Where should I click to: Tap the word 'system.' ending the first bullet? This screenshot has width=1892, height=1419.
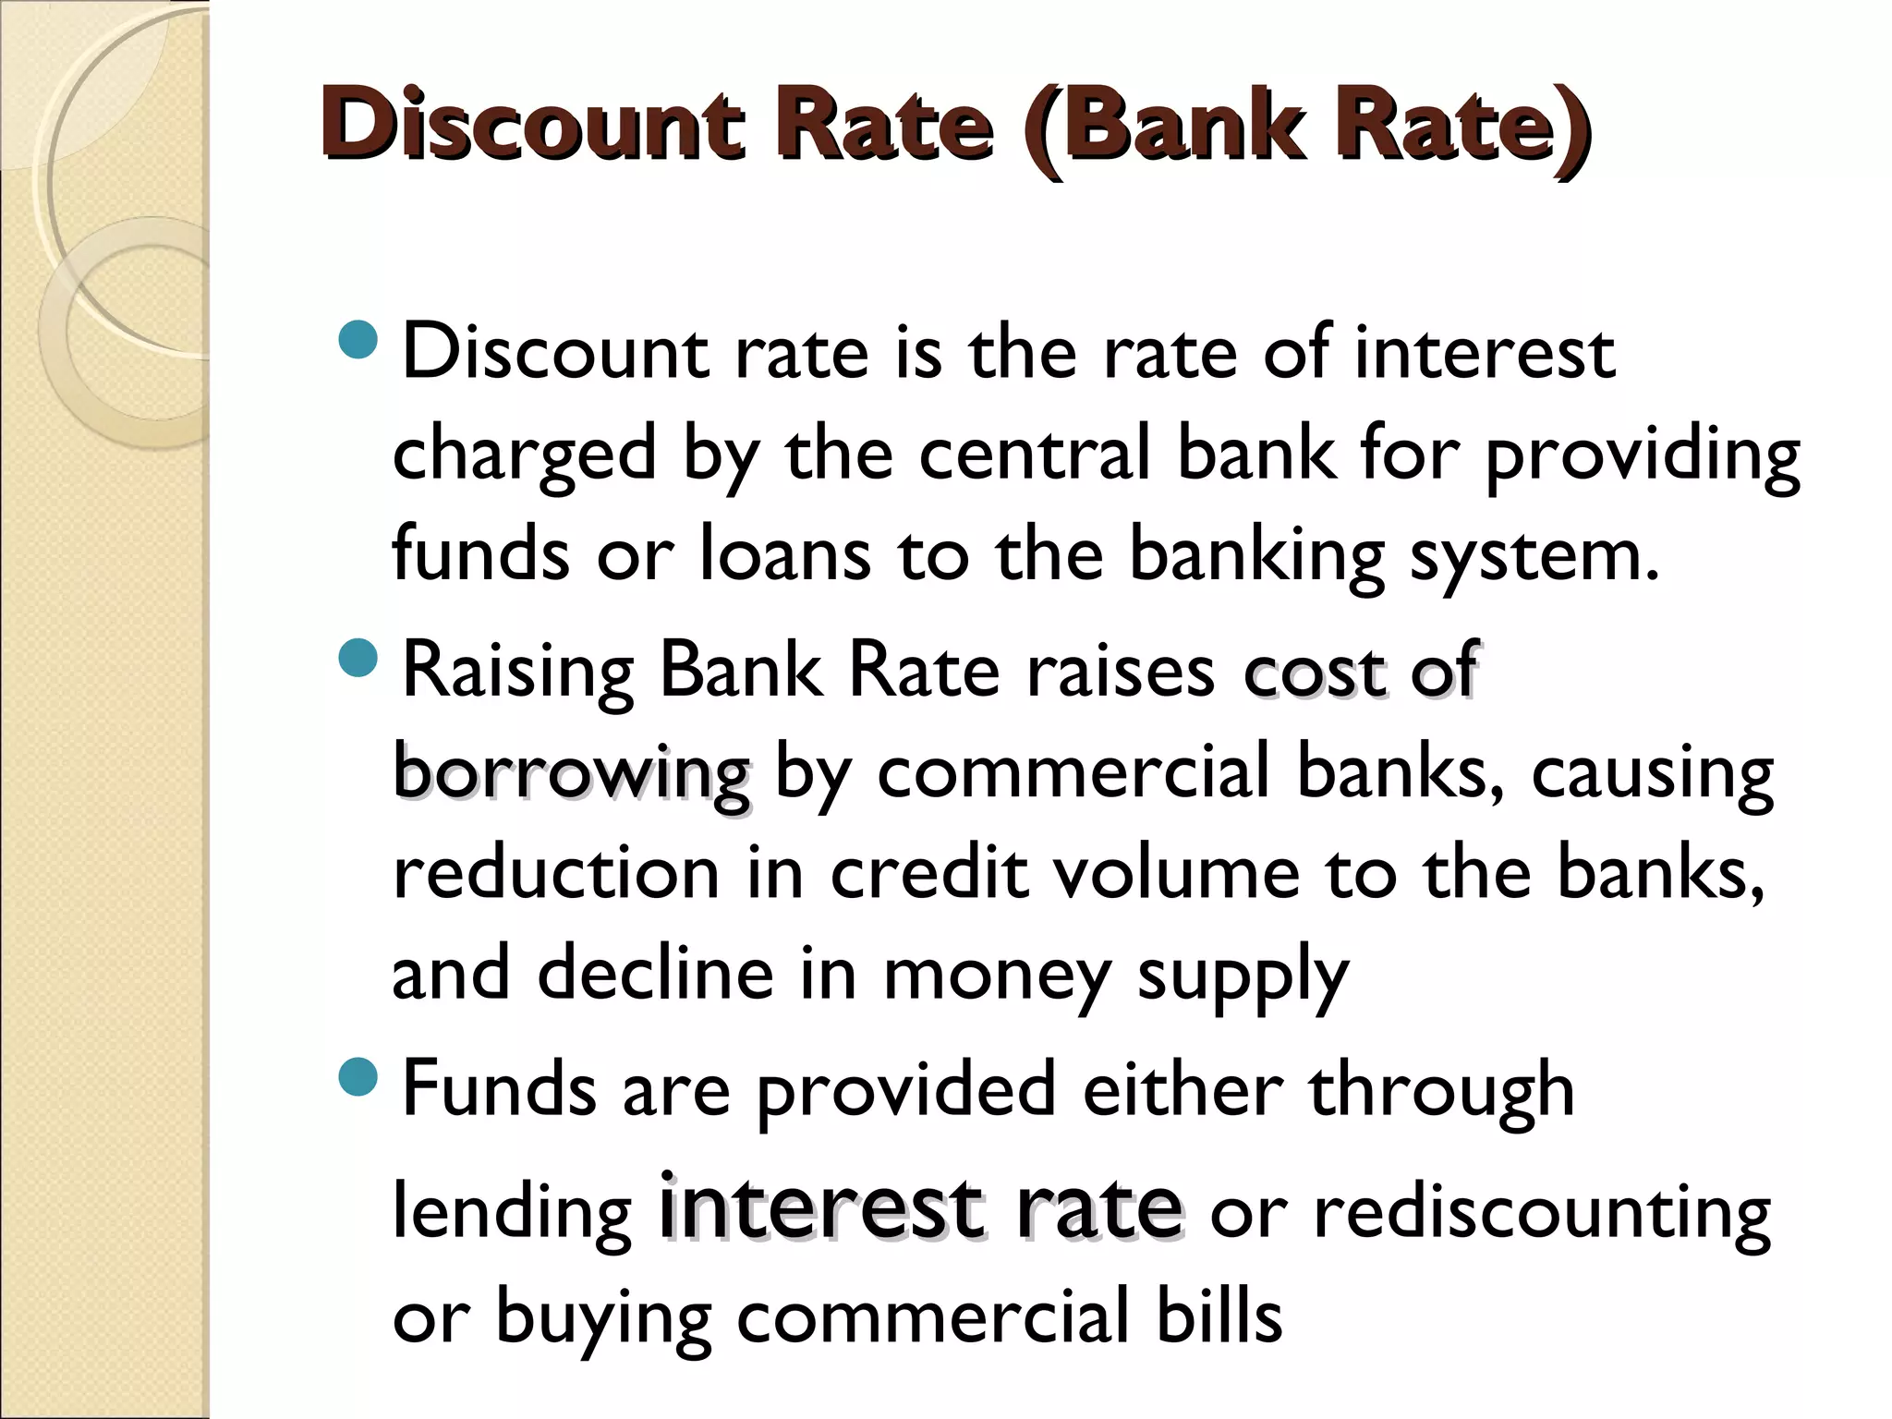tap(1534, 556)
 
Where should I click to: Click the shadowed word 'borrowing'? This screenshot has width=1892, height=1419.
tap(571, 774)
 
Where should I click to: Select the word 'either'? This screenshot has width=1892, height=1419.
tap(1182, 1089)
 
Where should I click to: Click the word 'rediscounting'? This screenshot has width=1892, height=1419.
tap(1542, 1214)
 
